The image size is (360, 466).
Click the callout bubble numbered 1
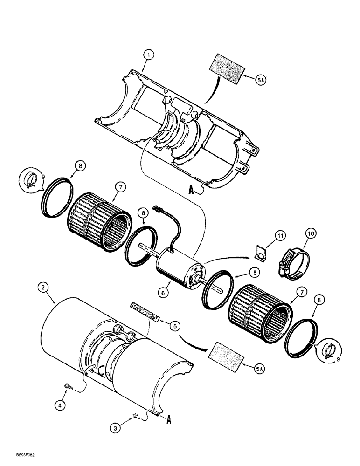point(148,55)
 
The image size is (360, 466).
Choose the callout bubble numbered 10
point(311,233)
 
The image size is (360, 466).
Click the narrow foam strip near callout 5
point(145,311)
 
